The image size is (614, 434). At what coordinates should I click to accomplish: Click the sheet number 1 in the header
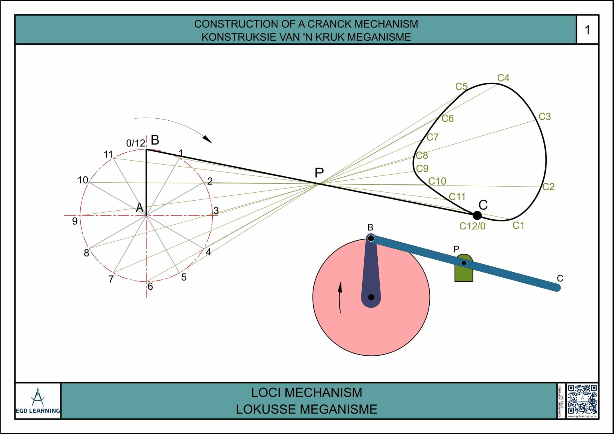point(587,30)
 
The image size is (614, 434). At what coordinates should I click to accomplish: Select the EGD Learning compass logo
point(38,397)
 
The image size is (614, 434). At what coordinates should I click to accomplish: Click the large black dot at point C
point(477,216)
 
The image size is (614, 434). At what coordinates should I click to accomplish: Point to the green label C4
point(503,78)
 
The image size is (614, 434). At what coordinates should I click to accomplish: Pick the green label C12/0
point(472,226)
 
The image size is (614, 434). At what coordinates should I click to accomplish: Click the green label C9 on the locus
point(422,169)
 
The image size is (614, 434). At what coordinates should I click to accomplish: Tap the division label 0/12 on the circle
point(136,143)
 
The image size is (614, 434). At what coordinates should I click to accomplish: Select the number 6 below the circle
point(150,287)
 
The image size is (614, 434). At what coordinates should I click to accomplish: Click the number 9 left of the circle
point(75,221)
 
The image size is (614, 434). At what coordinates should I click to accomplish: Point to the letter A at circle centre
point(140,208)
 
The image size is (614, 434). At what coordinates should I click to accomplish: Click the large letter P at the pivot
point(319,173)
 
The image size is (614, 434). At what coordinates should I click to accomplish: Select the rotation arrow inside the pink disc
point(340,297)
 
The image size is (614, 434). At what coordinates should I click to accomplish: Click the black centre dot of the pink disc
point(371,297)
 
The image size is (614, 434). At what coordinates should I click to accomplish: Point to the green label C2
point(548,187)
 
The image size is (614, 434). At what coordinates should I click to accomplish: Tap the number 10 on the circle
point(83,180)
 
